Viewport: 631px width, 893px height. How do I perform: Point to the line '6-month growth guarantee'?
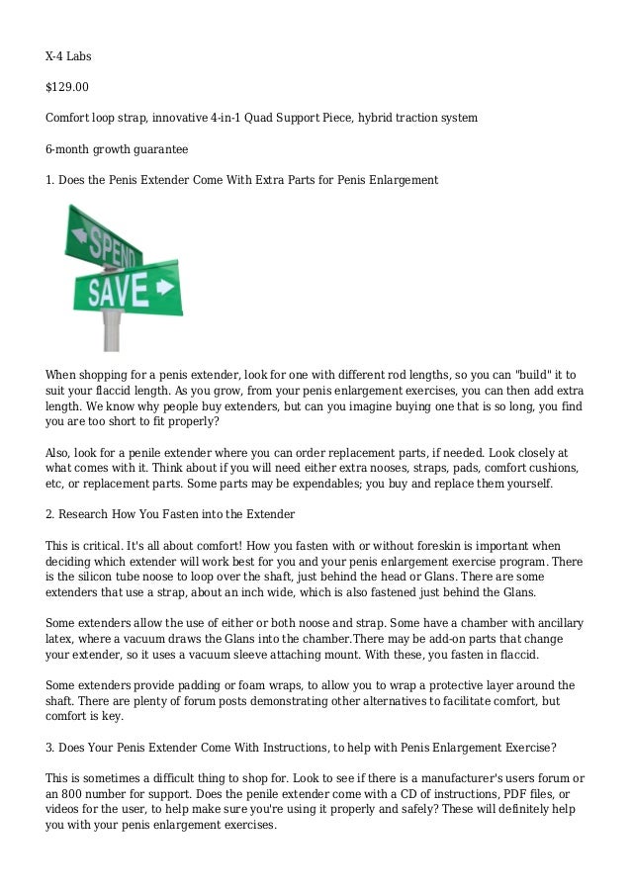[118, 149]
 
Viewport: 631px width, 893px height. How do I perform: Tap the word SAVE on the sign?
[118, 291]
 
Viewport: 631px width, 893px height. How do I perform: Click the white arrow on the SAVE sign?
[164, 288]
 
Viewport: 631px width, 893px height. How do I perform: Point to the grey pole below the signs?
[112, 331]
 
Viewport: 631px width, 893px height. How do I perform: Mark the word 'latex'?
[62, 639]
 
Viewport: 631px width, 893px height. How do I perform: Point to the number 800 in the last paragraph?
[81, 794]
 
